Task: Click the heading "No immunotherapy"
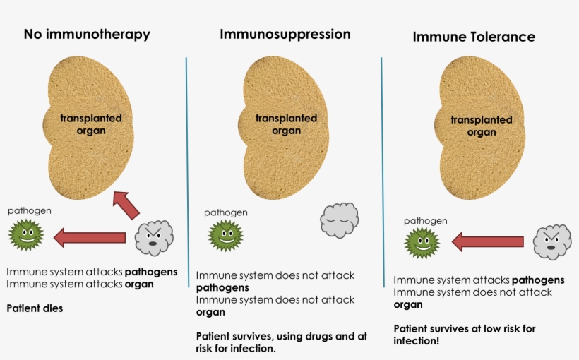(87, 34)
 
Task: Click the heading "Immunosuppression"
(285, 34)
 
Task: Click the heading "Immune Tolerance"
(474, 37)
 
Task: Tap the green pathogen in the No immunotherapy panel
(26, 235)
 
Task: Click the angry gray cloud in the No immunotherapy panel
(154, 238)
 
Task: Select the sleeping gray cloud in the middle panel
(340, 220)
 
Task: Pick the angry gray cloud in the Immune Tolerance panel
(551, 242)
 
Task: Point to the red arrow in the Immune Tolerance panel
(487, 243)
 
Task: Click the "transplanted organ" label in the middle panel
(286, 124)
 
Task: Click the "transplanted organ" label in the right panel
(482, 126)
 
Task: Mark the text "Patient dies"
(35, 308)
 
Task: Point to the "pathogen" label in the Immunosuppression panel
(226, 212)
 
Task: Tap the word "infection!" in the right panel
(417, 340)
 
